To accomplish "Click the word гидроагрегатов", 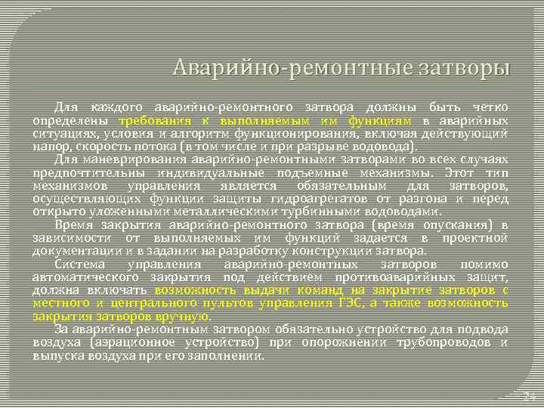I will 340,198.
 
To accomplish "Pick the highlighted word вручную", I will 182,316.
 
